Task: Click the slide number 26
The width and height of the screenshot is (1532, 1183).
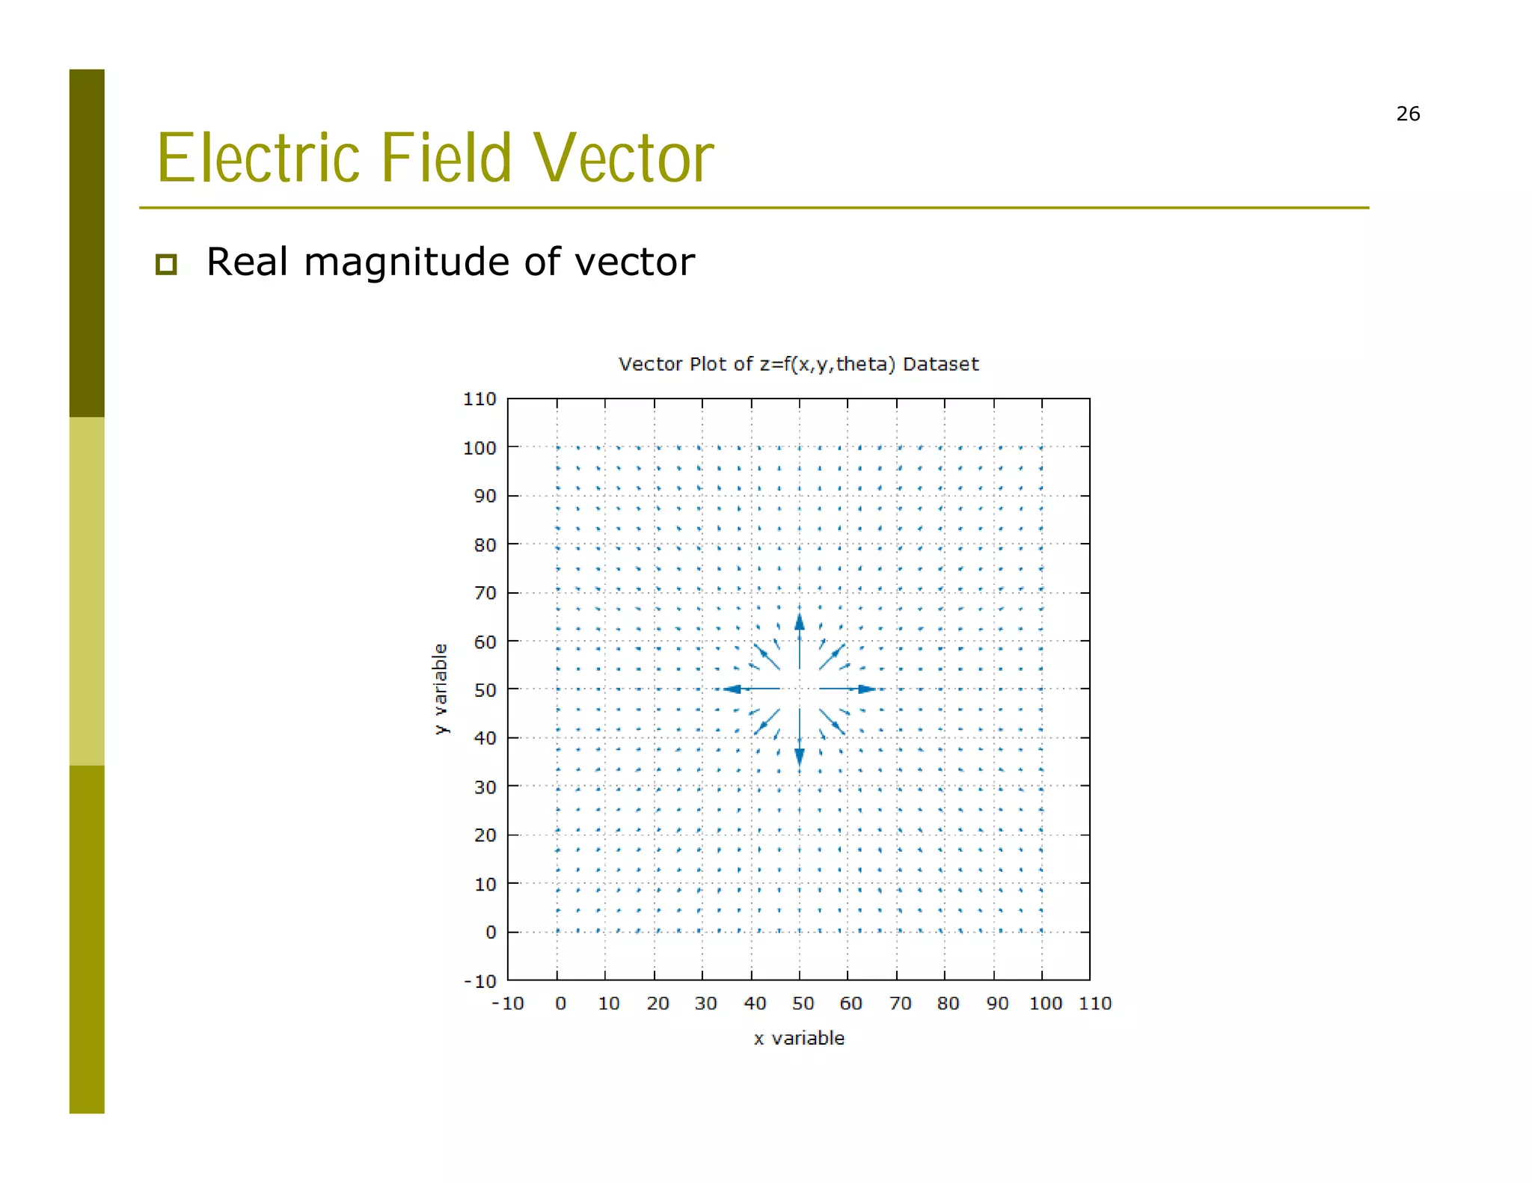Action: coord(1407,114)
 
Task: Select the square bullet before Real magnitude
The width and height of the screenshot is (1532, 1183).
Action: coord(166,264)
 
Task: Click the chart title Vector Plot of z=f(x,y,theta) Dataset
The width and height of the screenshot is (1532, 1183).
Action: coord(798,364)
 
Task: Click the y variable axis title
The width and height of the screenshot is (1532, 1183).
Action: coord(441,689)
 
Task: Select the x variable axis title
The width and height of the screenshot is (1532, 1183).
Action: coord(799,1038)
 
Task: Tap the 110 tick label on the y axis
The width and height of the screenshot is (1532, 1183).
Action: coord(479,399)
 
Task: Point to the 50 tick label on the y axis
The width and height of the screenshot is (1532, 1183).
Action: coord(485,690)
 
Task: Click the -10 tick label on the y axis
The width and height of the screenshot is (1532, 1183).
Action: coord(480,981)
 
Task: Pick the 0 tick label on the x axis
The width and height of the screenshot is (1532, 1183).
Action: coord(560,1004)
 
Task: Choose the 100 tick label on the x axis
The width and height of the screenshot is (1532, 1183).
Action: coord(1045,1004)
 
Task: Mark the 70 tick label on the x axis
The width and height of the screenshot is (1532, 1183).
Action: coord(900,1004)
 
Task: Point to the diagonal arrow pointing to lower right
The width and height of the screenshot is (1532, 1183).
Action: coord(833,722)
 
